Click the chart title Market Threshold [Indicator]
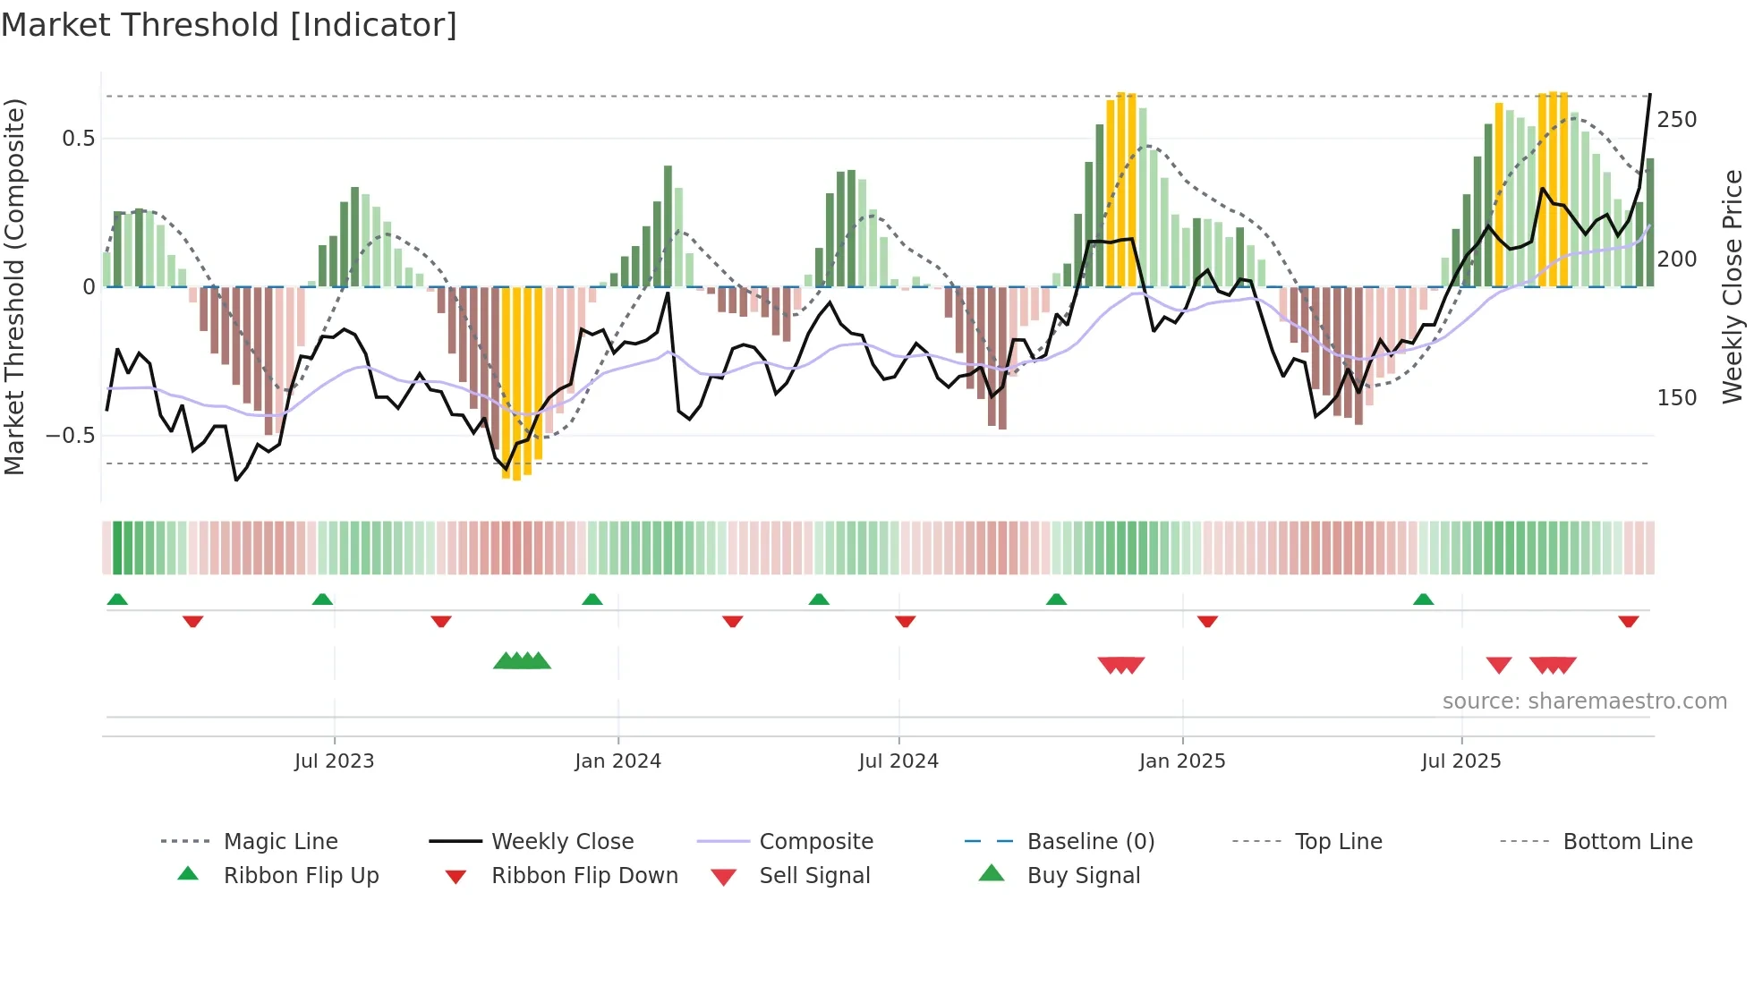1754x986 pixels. (x=229, y=25)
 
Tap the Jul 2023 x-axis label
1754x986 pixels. (x=334, y=761)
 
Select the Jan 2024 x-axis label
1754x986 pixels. (x=617, y=761)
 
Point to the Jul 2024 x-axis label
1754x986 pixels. (x=898, y=761)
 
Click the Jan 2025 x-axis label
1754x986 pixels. (x=1182, y=761)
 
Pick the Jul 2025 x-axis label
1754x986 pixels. (x=1461, y=761)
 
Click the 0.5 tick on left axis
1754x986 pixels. (x=78, y=139)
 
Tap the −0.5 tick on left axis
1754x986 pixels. (x=70, y=436)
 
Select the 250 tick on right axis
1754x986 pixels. (x=1676, y=120)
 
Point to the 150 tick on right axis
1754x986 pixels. (x=1676, y=398)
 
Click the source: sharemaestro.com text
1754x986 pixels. (x=1584, y=701)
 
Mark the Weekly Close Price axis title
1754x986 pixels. (x=1733, y=286)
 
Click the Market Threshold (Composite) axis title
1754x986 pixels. (x=14, y=286)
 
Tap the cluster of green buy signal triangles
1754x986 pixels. (x=522, y=661)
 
